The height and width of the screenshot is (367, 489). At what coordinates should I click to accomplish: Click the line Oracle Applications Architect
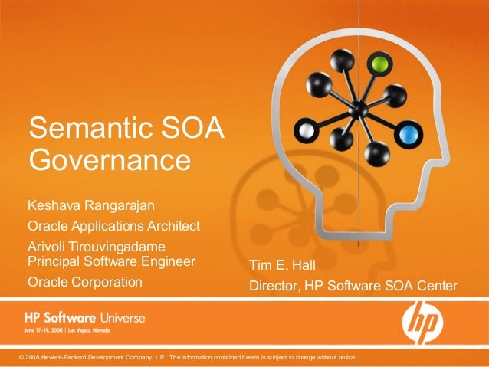pos(113,226)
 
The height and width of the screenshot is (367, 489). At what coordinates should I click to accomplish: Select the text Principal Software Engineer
pos(111,261)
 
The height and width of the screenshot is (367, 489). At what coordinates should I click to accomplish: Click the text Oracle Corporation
pos(85,282)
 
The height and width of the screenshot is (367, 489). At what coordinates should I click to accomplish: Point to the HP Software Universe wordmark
pos(84,317)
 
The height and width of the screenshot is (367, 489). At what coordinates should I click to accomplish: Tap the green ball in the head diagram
pos(376,61)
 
